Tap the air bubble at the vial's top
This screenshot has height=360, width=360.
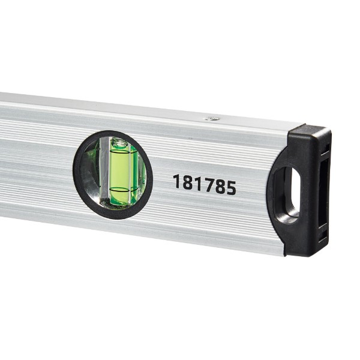click(120, 143)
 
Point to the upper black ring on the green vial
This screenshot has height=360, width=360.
click(121, 151)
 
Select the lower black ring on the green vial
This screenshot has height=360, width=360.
click(121, 189)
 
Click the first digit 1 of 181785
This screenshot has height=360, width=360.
click(177, 181)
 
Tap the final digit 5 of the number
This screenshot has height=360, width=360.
click(231, 188)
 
